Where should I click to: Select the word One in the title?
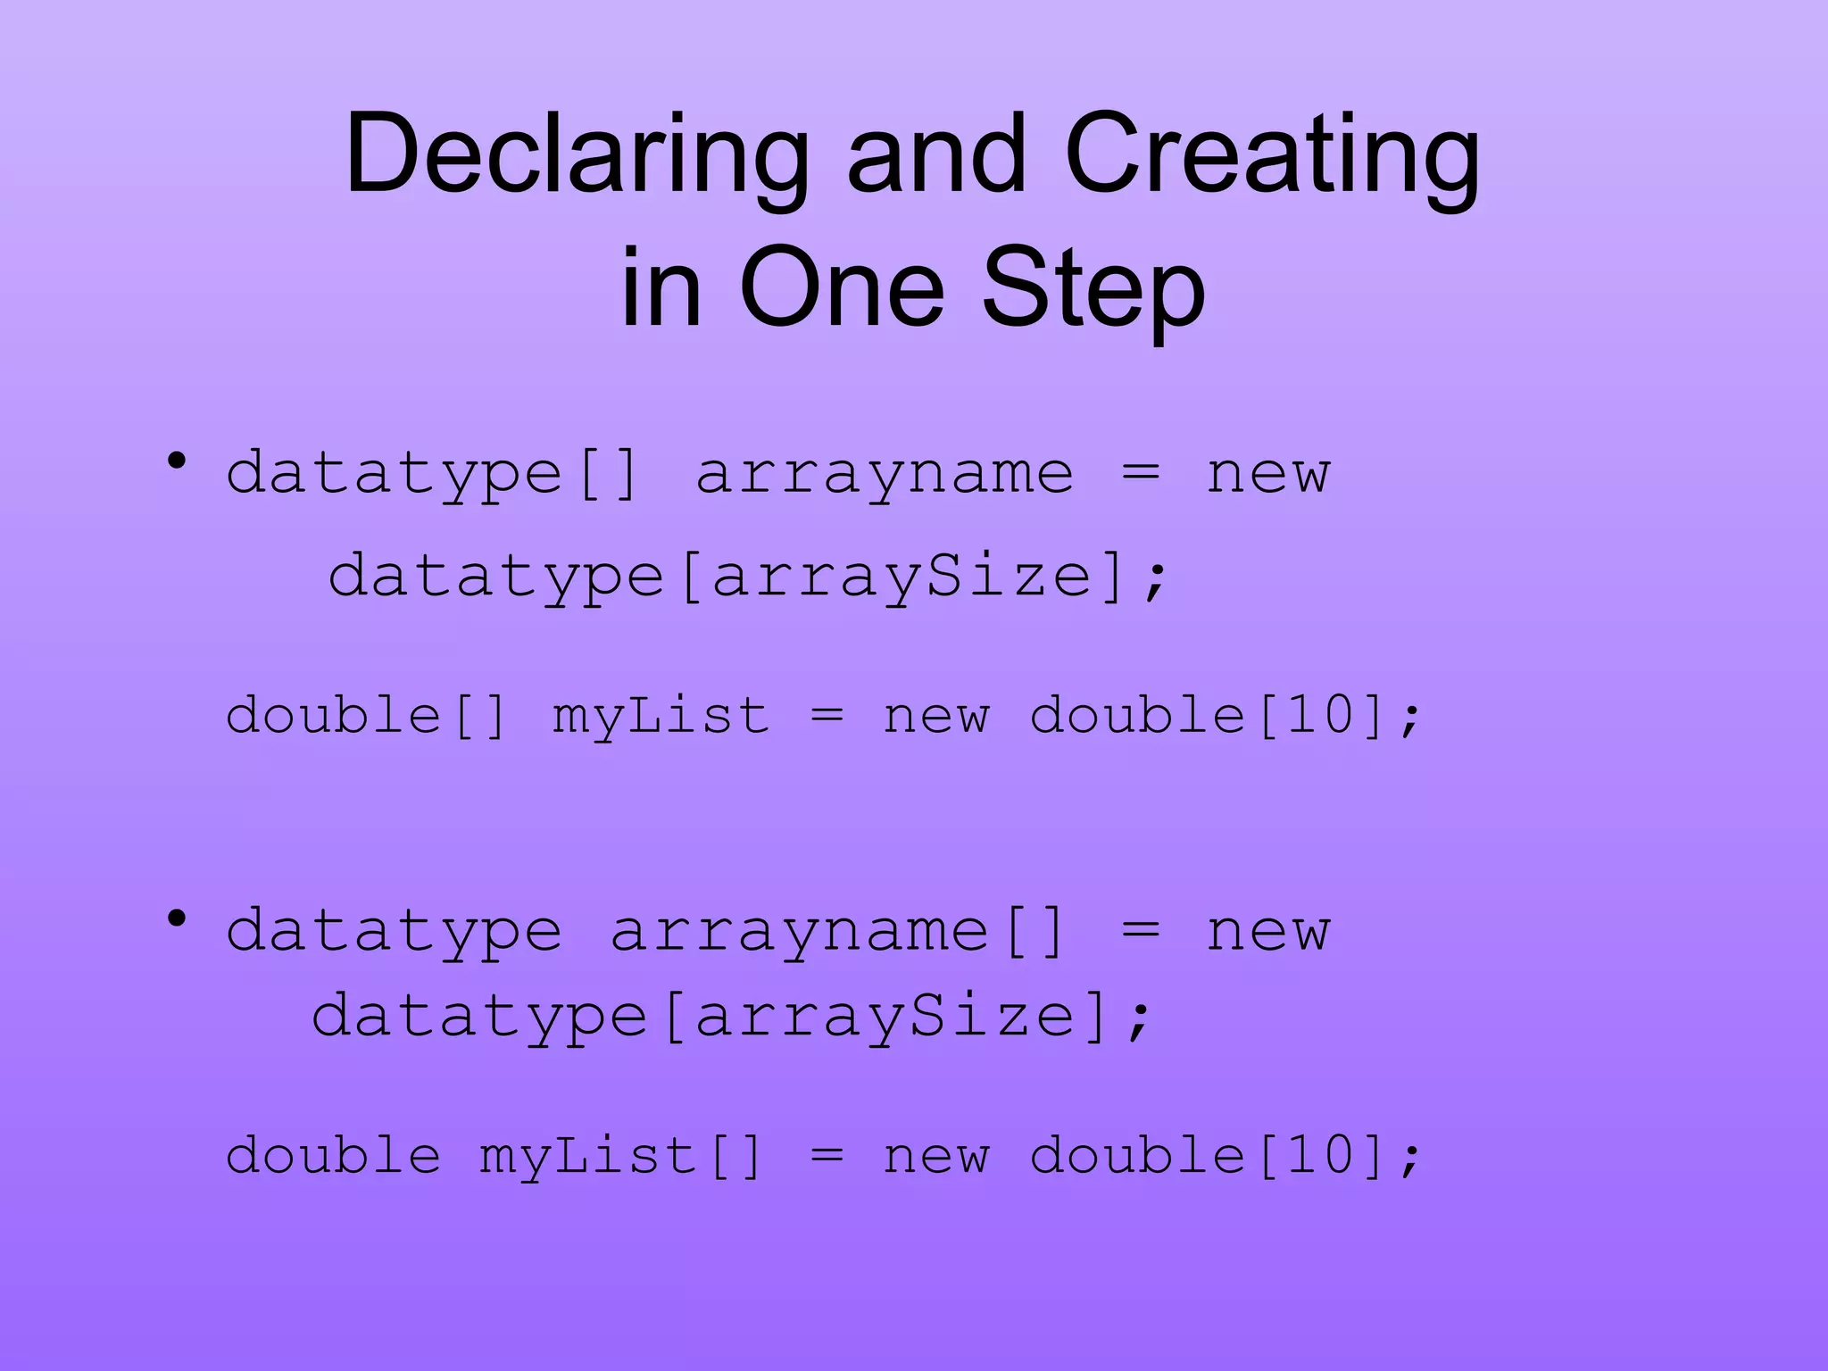(x=842, y=287)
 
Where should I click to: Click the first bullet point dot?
(x=177, y=461)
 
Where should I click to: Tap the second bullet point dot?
(x=177, y=918)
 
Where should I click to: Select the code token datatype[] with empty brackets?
(x=433, y=474)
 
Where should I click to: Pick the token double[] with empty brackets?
(x=367, y=716)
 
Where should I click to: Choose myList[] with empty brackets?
(x=620, y=1156)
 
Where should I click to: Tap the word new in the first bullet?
(x=1267, y=474)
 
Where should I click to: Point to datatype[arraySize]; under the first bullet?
(x=748, y=577)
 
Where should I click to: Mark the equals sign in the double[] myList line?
(x=827, y=716)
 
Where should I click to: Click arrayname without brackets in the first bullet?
(x=884, y=474)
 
